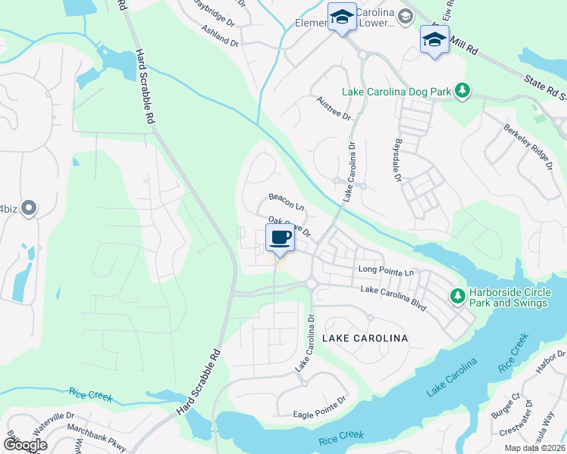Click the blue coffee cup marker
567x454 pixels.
280,238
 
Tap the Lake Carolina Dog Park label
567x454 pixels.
396,92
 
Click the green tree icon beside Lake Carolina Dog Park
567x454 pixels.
462,92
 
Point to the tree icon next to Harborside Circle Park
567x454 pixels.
457,294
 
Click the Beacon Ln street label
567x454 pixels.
287,201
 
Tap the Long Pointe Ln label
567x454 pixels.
387,271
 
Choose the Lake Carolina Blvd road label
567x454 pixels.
393,295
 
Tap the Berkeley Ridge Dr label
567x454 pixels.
525,141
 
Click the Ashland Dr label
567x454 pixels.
220,36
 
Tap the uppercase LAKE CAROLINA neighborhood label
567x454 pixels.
366,337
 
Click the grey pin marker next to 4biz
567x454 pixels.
29,207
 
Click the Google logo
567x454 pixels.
25,444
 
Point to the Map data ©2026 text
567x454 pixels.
534,448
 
